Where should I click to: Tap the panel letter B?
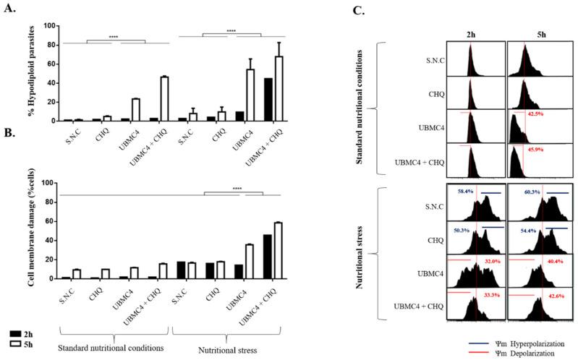click(9, 154)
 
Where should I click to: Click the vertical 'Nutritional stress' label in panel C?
click(359, 254)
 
